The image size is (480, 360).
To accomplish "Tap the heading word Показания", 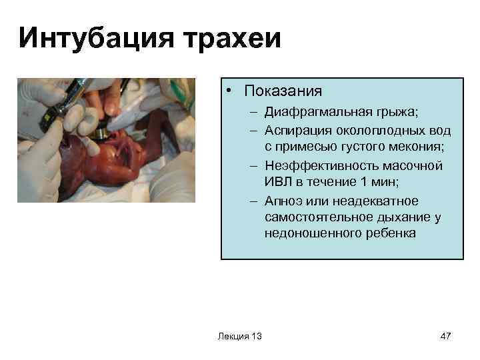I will pyautogui.click(x=283, y=91).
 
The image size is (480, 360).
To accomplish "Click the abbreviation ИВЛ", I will pyautogui.click(x=277, y=181).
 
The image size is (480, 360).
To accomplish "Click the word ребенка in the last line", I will pyautogui.click(x=385, y=234).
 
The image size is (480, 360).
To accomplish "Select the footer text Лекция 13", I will pyautogui.click(x=239, y=335).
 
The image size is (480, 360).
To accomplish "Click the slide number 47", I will pyautogui.click(x=446, y=335).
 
